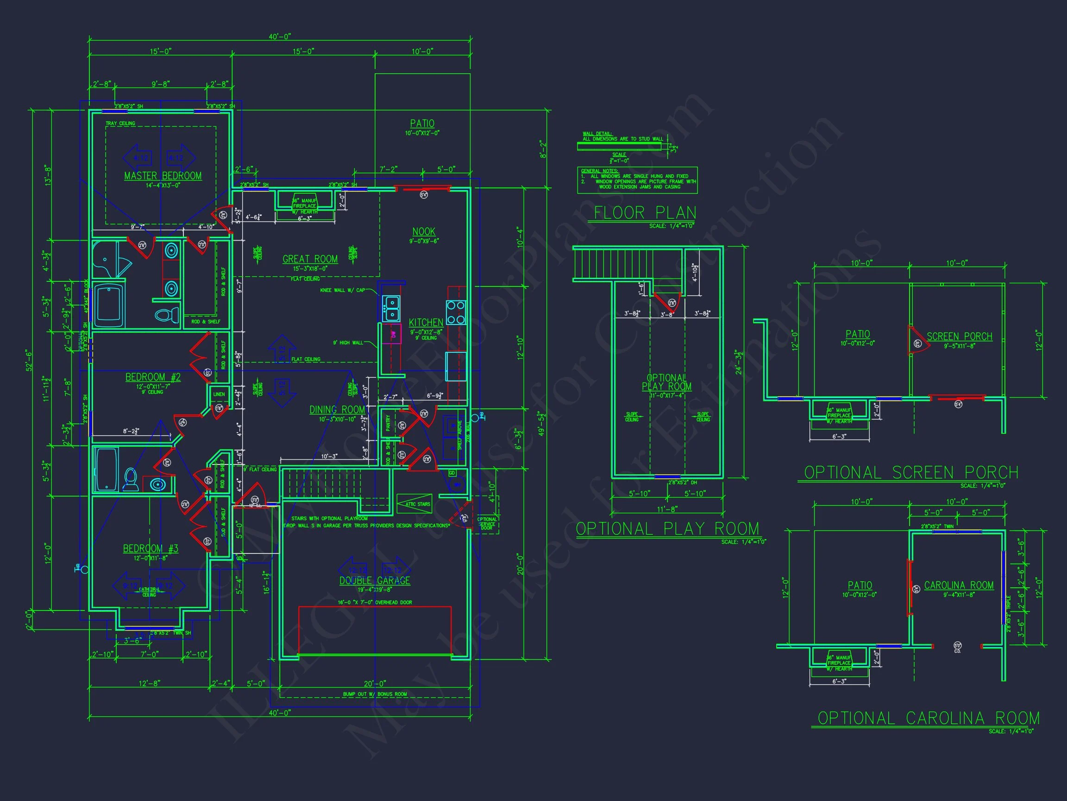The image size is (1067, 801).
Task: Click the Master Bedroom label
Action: [x=163, y=176]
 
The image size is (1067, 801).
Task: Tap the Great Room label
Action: [x=310, y=259]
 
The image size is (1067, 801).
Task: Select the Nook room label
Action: [x=424, y=232]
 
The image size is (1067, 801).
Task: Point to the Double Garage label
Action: [x=374, y=580]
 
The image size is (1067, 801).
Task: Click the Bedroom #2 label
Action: [x=153, y=377]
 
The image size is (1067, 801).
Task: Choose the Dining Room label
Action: [x=337, y=410]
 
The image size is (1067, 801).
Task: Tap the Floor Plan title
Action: [x=645, y=212]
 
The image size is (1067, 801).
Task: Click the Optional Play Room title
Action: [x=667, y=529]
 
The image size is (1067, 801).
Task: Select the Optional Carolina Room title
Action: [x=929, y=718]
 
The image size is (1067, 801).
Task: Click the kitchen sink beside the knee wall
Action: [x=391, y=309]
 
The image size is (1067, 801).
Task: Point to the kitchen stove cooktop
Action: [x=455, y=312]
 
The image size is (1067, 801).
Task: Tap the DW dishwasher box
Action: [x=393, y=334]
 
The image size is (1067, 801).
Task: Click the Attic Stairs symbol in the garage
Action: [x=414, y=504]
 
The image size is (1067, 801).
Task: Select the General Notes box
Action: [x=637, y=180]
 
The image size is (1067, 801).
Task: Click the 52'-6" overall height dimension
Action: [x=30, y=360]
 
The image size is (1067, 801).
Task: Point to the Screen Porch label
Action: [x=959, y=337]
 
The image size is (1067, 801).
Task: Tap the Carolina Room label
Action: [x=959, y=585]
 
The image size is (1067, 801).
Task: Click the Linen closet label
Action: [x=219, y=394]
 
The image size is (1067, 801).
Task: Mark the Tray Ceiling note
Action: [x=120, y=124]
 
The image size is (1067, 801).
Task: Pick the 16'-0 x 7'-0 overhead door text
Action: [x=374, y=602]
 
